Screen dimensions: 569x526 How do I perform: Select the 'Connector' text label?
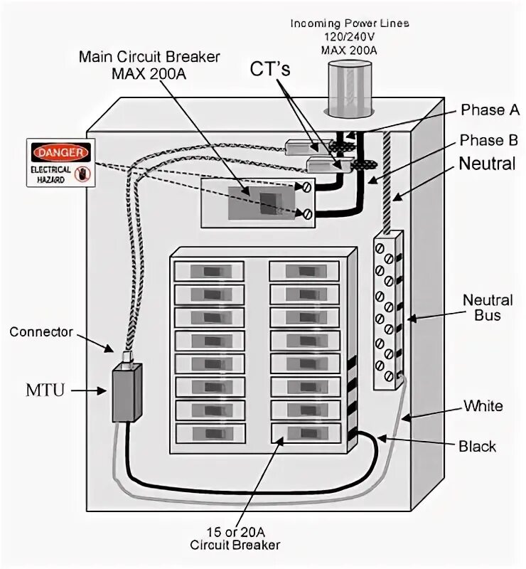41,332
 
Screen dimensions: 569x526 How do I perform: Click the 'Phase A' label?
490,110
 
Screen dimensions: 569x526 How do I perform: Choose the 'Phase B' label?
490,139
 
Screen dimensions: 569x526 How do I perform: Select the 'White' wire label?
483,406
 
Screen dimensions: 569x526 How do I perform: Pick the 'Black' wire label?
478,447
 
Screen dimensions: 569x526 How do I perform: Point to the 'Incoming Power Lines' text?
349,23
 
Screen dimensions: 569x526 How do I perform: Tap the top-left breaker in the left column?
209,271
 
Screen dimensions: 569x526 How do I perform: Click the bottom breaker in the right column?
304,432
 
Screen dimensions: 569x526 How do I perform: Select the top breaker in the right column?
304,271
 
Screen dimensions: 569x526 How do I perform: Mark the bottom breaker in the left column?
209,432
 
